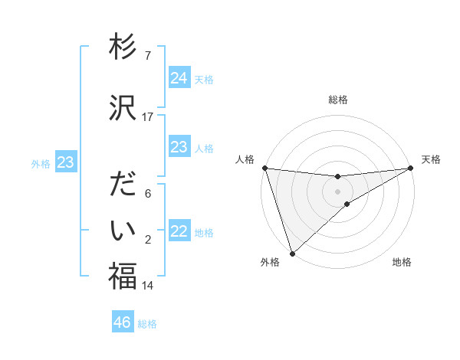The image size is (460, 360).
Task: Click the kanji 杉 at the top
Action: click(123, 47)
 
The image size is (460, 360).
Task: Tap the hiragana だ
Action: click(123, 186)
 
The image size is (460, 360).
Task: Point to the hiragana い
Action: click(123, 230)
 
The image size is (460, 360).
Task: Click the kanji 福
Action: click(123, 277)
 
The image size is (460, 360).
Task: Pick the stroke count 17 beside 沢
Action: click(148, 117)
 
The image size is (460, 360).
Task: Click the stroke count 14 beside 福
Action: click(148, 286)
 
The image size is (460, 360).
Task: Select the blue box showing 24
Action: click(179, 78)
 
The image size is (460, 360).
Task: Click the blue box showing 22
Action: click(179, 232)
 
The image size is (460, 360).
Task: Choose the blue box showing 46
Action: click(123, 322)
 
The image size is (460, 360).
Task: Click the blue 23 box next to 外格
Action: click(65, 162)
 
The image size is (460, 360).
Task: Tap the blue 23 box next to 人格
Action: click(179, 147)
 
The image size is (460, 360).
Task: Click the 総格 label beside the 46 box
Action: click(147, 324)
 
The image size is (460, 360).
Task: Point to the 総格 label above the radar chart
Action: click(338, 100)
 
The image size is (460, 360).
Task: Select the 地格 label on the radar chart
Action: click(402, 262)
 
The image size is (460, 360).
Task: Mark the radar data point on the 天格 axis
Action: click(411, 168)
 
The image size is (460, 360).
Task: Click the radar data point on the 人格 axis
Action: click(264, 168)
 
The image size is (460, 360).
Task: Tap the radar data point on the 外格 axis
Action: click(291, 254)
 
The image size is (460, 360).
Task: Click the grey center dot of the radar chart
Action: click(338, 191)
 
